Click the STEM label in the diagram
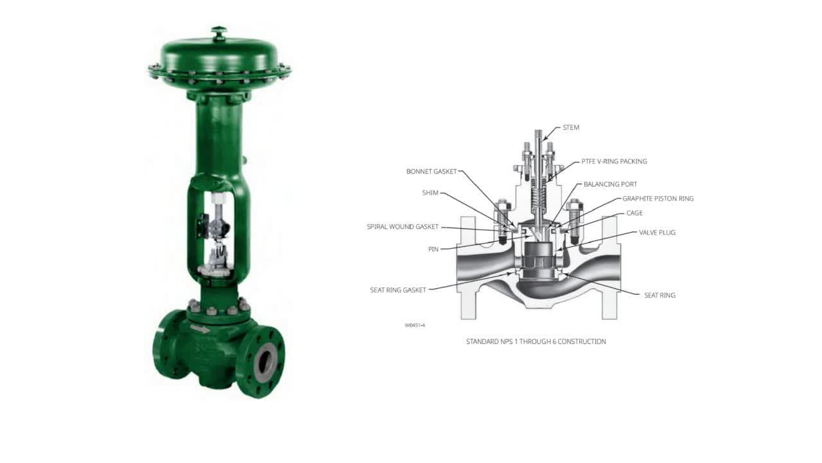pyautogui.click(x=570, y=127)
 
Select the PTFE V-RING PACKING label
pyautogui.click(x=614, y=161)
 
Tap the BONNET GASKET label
pyautogui.click(x=432, y=172)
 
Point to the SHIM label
pyautogui.click(x=430, y=193)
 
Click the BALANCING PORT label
pyautogui.click(x=610, y=185)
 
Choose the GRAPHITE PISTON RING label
pyautogui.click(x=658, y=199)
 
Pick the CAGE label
pyautogui.click(x=634, y=213)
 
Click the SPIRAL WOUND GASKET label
pyautogui.click(x=403, y=227)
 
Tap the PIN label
pyautogui.click(x=433, y=249)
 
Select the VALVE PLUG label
pyautogui.click(x=657, y=232)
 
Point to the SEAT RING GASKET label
pyautogui.click(x=398, y=290)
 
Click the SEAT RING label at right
pyautogui.click(x=660, y=295)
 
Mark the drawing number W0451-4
pyautogui.click(x=415, y=325)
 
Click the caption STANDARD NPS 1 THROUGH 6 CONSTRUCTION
pyautogui.click(x=536, y=341)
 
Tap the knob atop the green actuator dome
pyautogui.click(x=219, y=32)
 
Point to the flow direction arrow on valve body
pyautogui.click(x=200, y=329)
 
